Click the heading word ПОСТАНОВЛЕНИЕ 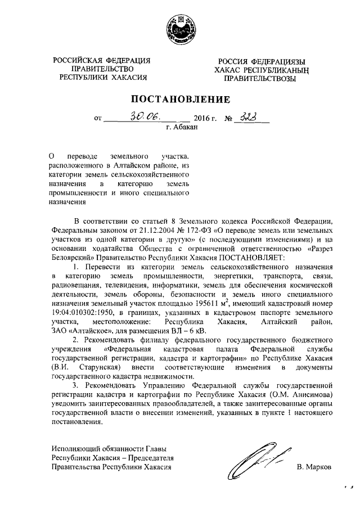[180, 100]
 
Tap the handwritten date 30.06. [145, 116]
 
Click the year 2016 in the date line [201, 118]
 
